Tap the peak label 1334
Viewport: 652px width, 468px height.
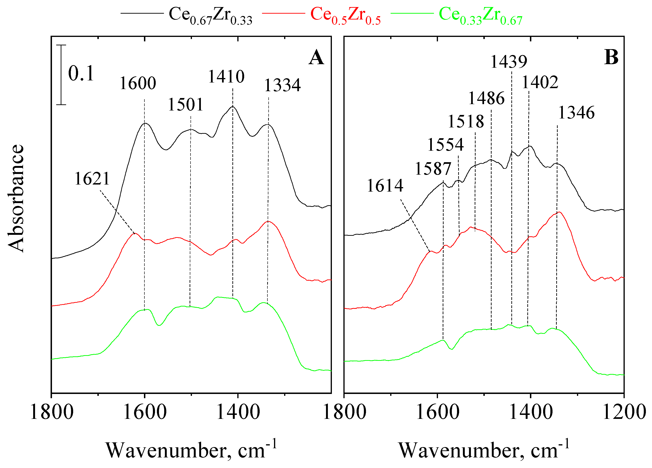pyautogui.click(x=282, y=85)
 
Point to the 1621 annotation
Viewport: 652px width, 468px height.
pyautogui.click(x=92, y=179)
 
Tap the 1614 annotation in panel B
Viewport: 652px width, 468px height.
pyautogui.click(x=385, y=186)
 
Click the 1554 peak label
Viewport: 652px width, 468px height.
pyautogui.click(x=445, y=145)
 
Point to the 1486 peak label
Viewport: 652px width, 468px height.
pyautogui.click(x=486, y=98)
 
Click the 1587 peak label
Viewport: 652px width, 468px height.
pyautogui.click(x=433, y=169)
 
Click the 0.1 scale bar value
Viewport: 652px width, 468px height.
pyautogui.click(x=81, y=74)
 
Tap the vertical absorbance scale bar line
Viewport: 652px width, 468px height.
pyautogui.click(x=61, y=75)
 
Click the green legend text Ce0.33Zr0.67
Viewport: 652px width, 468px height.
pyautogui.click(x=480, y=16)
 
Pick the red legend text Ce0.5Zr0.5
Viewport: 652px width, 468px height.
pyautogui.click(x=345, y=16)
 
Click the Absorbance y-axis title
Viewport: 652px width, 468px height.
pyautogui.click(x=16, y=198)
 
